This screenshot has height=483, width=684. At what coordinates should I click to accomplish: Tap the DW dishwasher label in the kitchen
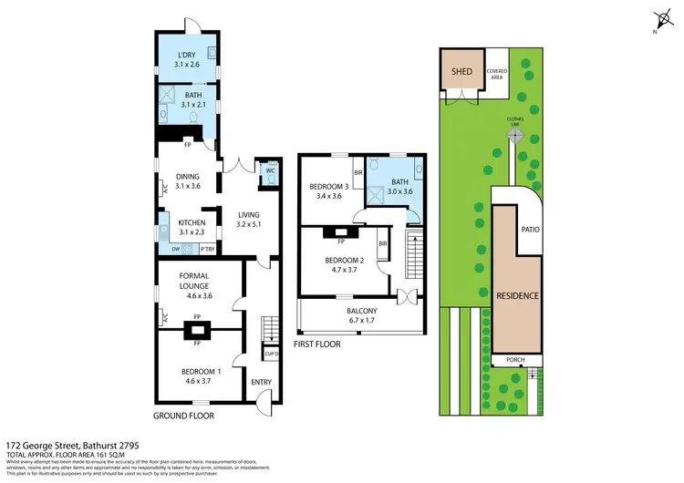[176, 247]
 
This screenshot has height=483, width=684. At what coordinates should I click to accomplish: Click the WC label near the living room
[270, 170]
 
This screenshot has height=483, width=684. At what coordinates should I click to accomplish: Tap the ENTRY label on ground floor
[261, 382]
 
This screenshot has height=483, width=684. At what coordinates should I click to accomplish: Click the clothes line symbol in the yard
[516, 135]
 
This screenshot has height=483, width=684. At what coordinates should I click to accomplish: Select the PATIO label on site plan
[530, 230]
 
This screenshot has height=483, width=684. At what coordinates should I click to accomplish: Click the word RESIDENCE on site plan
[517, 296]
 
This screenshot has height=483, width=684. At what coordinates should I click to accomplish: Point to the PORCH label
[517, 361]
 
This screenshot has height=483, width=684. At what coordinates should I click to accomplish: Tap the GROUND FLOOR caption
[183, 415]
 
